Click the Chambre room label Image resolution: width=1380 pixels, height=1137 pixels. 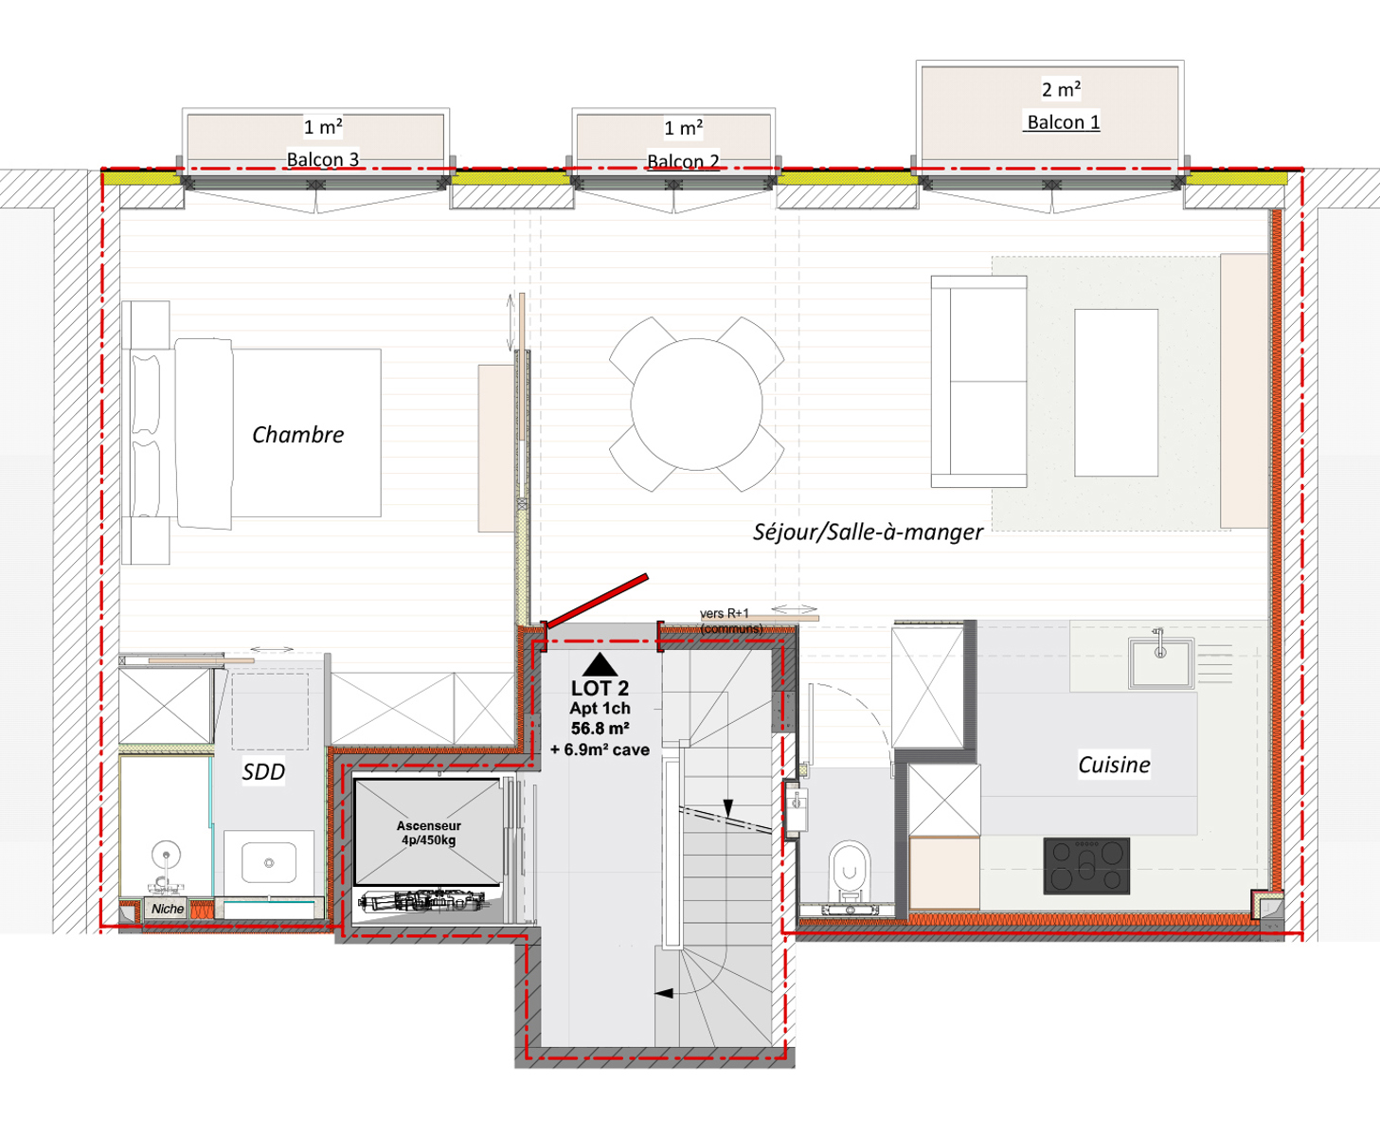[x=298, y=435]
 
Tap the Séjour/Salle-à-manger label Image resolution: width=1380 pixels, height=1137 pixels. [x=868, y=532]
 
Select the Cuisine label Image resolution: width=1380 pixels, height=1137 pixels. [x=1114, y=765]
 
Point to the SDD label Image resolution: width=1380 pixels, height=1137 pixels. [x=263, y=772]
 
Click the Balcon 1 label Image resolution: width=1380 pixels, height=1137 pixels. [x=1064, y=122]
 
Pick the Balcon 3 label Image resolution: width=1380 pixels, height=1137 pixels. [x=323, y=159]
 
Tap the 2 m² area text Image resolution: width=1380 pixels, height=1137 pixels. [x=1062, y=89]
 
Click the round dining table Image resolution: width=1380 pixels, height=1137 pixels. [x=696, y=405]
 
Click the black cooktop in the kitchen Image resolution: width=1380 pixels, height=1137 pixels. [x=1086, y=866]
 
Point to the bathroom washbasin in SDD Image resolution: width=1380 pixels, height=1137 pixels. [x=268, y=862]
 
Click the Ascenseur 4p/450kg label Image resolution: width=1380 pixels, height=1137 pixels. [x=428, y=833]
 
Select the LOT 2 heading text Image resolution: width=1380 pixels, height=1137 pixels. [x=600, y=688]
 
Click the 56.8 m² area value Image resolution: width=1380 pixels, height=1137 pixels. [x=600, y=729]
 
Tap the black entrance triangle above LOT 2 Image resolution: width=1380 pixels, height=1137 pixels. [x=600, y=664]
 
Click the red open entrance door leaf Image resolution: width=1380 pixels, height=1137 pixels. [x=597, y=601]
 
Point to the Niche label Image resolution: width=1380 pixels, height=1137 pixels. [x=168, y=909]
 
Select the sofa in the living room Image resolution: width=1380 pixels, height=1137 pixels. [x=978, y=382]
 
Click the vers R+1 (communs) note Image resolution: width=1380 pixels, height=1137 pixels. [x=731, y=621]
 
